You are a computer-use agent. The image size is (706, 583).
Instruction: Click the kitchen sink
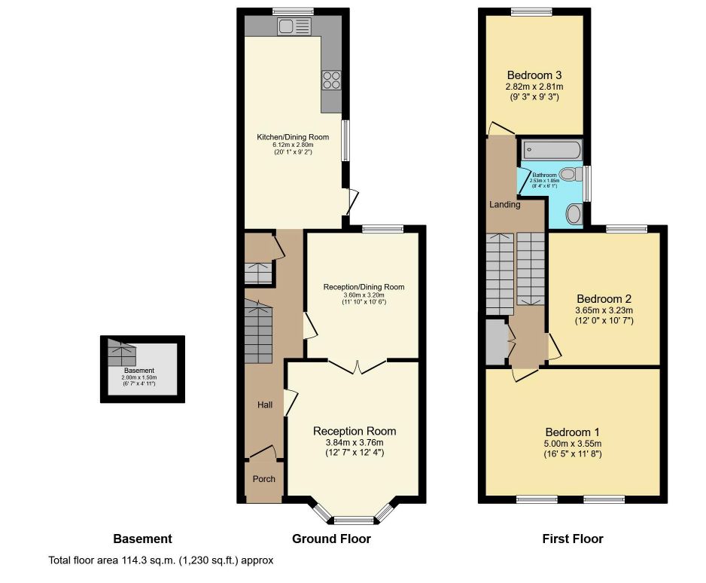(294, 27)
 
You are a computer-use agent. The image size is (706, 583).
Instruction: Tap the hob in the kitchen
(332, 80)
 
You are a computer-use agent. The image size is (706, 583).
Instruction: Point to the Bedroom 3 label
(534, 75)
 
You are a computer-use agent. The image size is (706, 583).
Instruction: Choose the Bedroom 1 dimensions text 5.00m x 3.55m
(573, 444)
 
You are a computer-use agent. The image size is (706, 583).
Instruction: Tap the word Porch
(263, 479)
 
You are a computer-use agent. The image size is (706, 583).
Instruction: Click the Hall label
(265, 405)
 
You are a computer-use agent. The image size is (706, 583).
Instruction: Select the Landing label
(504, 204)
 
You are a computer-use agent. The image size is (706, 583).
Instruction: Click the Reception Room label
(355, 431)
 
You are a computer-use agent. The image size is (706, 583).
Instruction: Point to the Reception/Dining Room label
(364, 287)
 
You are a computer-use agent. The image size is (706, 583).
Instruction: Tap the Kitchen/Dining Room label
(293, 137)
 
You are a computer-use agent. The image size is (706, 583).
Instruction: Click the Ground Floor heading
(331, 539)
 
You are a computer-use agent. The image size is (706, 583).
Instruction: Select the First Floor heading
(572, 539)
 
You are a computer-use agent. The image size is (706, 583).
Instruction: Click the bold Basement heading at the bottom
(142, 539)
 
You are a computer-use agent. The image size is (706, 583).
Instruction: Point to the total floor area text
(160, 560)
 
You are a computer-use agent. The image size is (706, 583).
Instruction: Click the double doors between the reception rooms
(358, 367)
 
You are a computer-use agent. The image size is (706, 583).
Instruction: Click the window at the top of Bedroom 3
(531, 11)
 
